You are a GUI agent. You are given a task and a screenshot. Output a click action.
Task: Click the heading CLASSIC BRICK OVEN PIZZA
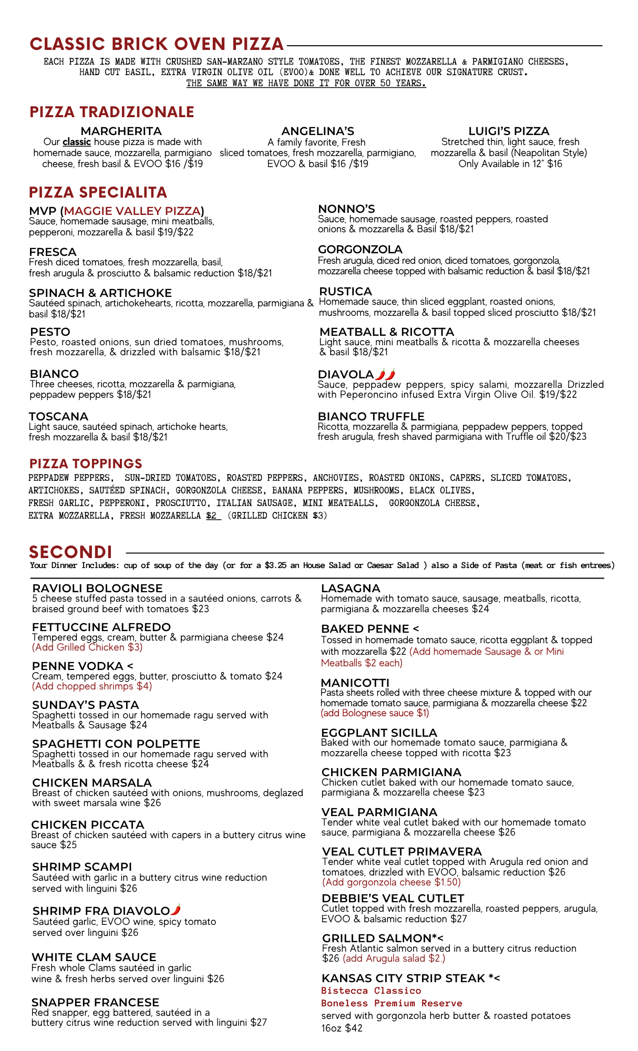(x=157, y=44)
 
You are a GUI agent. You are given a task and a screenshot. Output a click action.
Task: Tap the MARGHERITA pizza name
(x=121, y=131)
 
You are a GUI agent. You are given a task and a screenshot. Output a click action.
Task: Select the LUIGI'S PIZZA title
(x=509, y=131)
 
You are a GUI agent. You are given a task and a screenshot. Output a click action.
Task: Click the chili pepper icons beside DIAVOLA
(x=385, y=375)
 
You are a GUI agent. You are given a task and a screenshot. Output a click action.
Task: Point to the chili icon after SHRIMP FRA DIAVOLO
(x=176, y=910)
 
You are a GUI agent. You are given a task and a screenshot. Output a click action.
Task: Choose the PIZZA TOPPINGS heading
(x=86, y=463)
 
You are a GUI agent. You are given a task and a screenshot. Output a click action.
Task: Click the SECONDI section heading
(x=71, y=552)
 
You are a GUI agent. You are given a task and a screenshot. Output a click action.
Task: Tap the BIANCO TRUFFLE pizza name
(x=371, y=417)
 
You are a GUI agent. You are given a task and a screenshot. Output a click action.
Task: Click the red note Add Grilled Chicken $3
(x=87, y=647)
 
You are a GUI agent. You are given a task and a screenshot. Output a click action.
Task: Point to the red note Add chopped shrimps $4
(x=92, y=686)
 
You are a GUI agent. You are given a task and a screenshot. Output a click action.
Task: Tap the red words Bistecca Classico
(x=371, y=991)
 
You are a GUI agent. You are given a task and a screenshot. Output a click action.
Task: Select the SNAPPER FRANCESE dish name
(x=95, y=1003)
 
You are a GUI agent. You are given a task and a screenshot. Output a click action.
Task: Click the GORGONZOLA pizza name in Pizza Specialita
(x=360, y=250)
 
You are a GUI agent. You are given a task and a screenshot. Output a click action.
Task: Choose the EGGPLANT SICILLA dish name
(x=379, y=733)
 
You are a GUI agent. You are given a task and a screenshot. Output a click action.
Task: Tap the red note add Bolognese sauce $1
(x=375, y=713)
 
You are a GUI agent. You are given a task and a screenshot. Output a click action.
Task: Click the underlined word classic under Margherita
(x=77, y=142)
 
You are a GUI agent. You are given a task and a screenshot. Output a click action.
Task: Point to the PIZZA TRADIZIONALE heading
(x=112, y=112)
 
